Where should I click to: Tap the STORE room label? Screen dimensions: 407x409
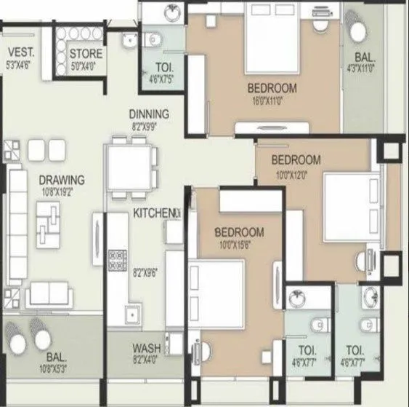pos(86,54)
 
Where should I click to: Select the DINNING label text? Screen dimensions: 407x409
pos(149,114)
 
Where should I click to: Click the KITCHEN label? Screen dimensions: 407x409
pos(154,213)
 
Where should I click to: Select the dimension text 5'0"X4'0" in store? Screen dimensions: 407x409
pos(86,66)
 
